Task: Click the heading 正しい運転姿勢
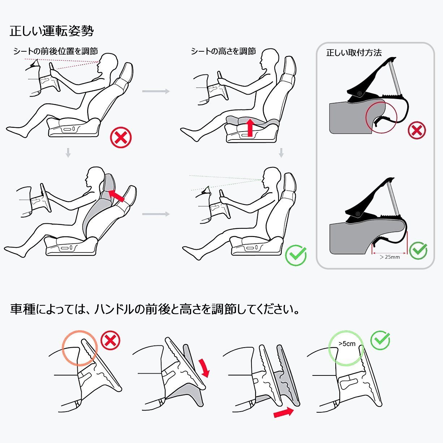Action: [x=52, y=31]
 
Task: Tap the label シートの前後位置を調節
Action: [x=56, y=51]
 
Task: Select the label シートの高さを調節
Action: [x=223, y=51]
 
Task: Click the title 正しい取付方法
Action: [x=354, y=53]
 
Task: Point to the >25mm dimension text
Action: [x=390, y=257]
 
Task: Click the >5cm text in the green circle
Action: [x=347, y=344]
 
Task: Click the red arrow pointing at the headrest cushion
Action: [x=116, y=195]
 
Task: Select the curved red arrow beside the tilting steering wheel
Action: [x=205, y=368]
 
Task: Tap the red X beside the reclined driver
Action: [x=121, y=137]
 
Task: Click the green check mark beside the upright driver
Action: [x=296, y=255]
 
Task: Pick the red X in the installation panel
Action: [x=417, y=130]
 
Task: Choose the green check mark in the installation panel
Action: [x=418, y=251]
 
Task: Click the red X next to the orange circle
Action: [x=110, y=340]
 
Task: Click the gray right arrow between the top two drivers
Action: [x=156, y=91]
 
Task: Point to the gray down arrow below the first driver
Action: [x=68, y=153]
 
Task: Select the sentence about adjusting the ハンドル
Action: [x=155, y=309]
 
